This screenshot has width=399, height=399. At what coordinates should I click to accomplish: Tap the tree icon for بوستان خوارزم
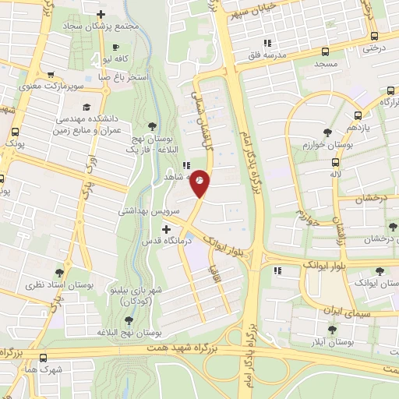point(327,132)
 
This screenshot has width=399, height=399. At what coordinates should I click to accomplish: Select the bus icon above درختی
point(375,36)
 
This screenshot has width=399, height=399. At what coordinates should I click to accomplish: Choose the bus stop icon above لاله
point(335,163)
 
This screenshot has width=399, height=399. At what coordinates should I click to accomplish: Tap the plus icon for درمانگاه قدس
point(166,228)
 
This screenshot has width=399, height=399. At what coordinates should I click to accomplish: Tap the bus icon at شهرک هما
point(42,358)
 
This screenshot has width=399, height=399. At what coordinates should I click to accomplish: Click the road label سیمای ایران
point(333,312)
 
